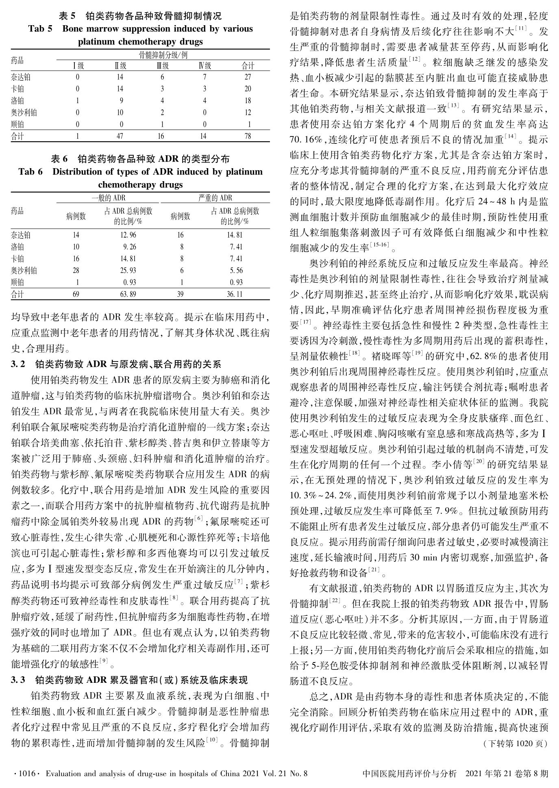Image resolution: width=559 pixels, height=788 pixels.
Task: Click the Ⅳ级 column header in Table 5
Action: (204, 66)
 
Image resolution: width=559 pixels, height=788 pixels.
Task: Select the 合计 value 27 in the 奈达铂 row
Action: (248, 77)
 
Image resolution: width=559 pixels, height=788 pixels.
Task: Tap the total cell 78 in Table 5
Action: (248, 136)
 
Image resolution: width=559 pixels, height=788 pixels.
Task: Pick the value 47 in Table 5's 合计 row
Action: (120, 136)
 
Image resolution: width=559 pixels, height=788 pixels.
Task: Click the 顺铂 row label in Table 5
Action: (17, 125)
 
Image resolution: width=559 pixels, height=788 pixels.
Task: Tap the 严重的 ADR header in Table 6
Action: (215, 198)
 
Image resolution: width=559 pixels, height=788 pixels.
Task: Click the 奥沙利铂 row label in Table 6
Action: (24, 271)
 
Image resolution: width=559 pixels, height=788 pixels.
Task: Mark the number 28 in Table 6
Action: (76, 271)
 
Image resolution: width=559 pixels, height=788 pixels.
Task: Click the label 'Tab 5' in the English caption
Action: (40, 29)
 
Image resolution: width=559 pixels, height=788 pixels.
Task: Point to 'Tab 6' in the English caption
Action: (30, 172)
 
